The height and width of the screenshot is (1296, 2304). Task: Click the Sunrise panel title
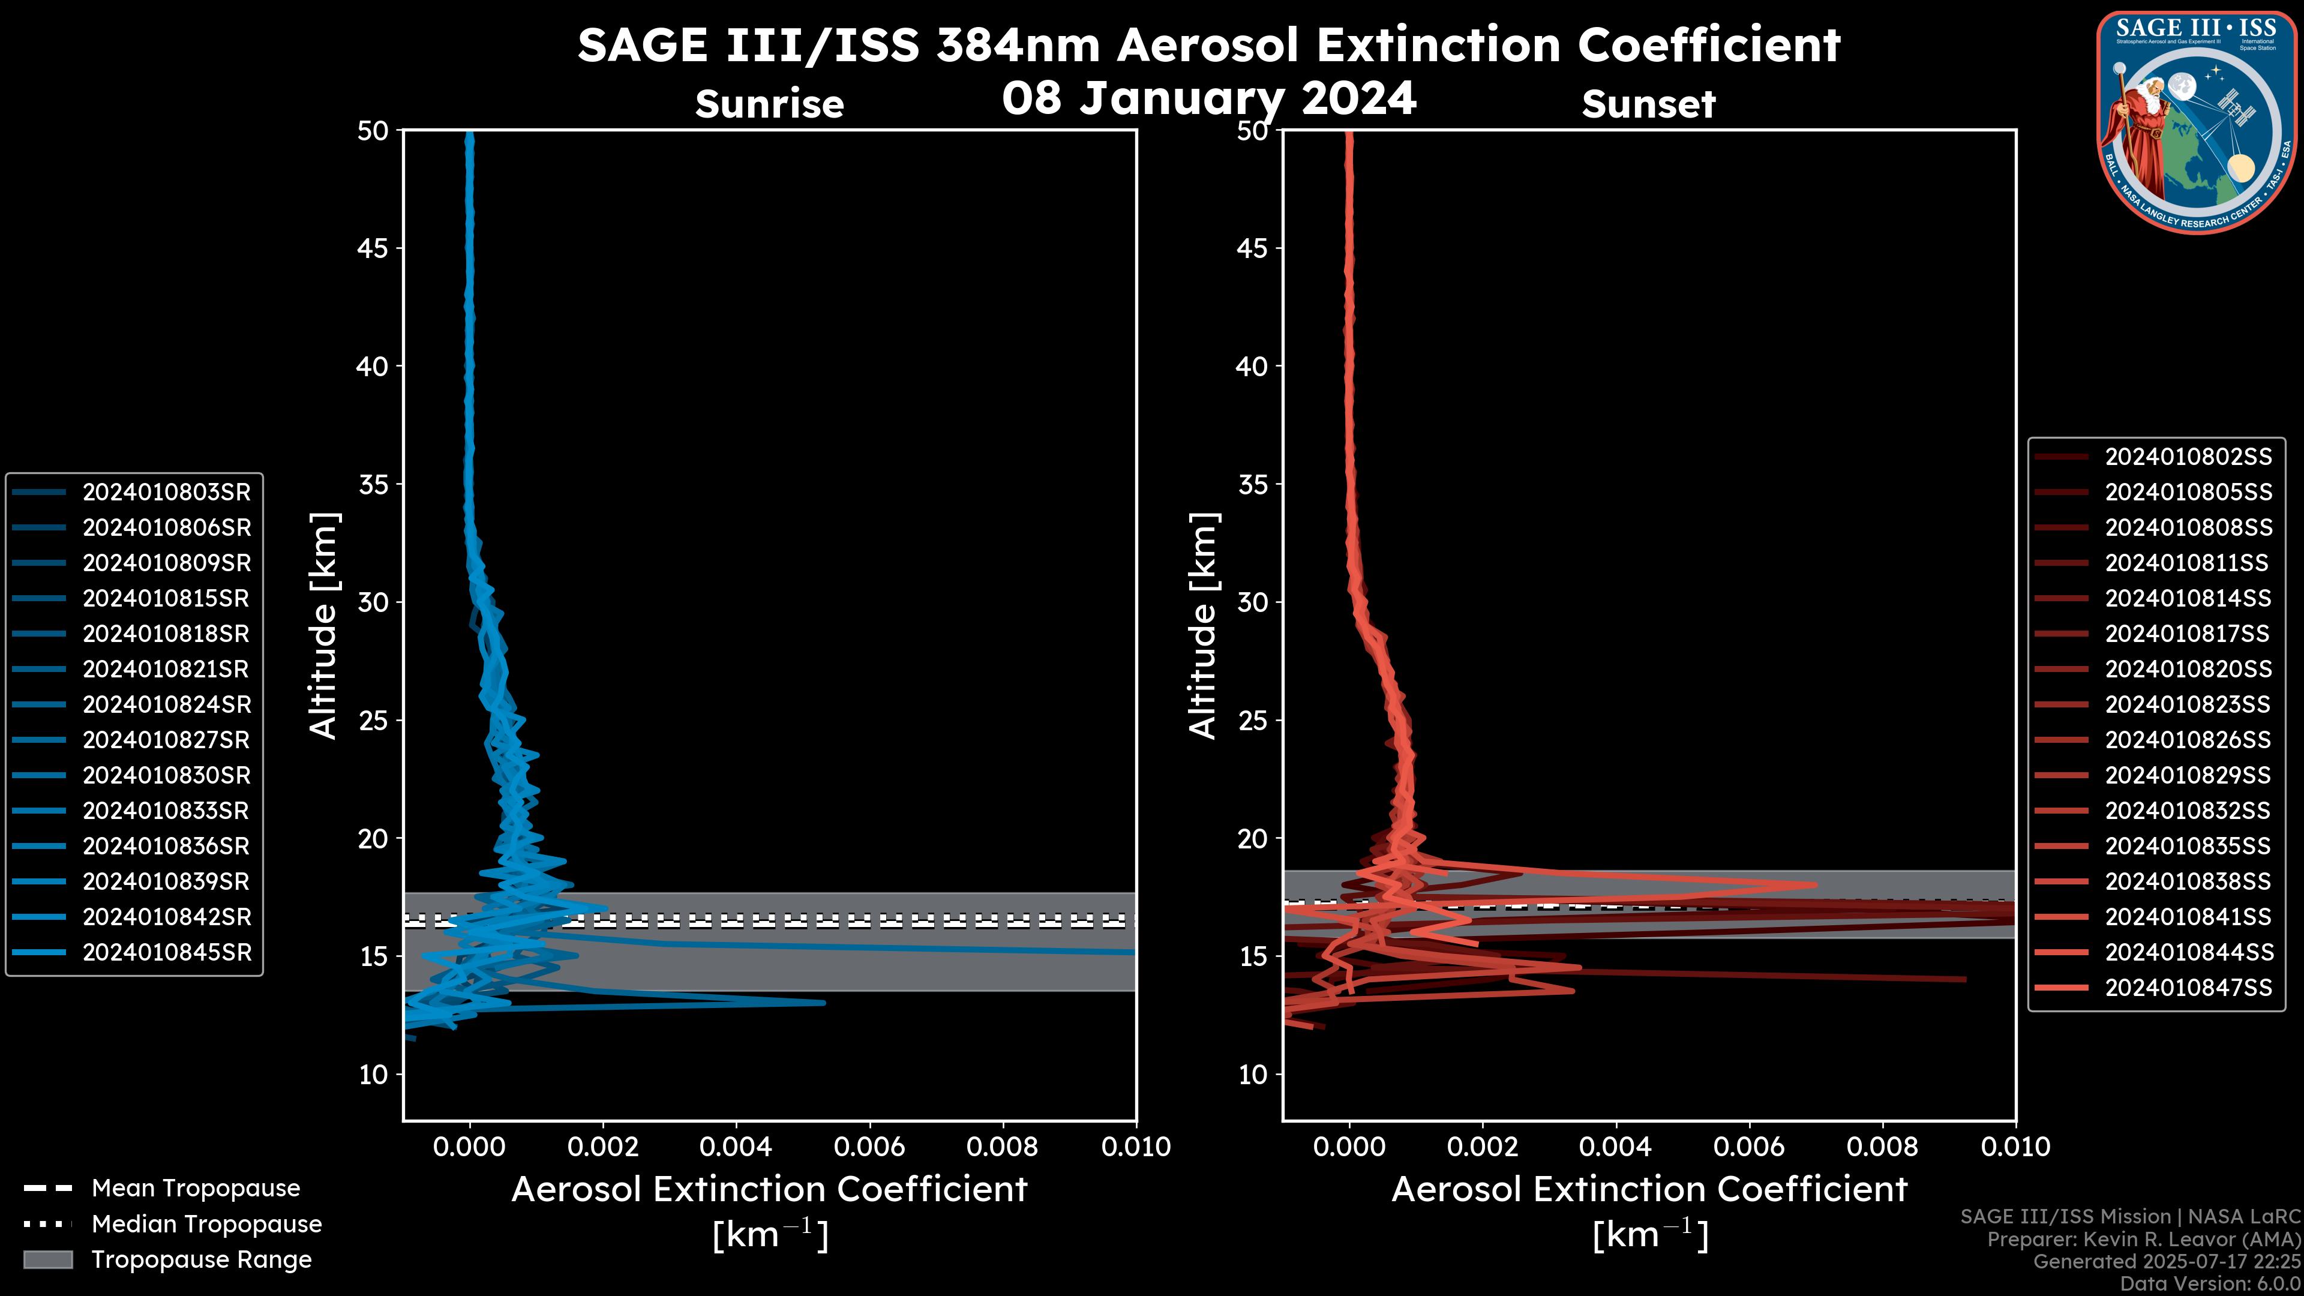(x=769, y=104)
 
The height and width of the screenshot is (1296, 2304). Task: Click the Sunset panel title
(x=1648, y=104)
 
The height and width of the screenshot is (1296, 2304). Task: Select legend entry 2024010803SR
(x=166, y=492)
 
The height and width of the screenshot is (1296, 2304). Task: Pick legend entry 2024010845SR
(x=166, y=953)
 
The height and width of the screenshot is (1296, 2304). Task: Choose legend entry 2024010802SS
(x=2188, y=457)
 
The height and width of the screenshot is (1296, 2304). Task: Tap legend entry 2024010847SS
(x=2188, y=988)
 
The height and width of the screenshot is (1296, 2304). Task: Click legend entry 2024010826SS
(x=2188, y=740)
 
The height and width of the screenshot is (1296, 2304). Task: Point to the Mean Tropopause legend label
(x=196, y=1188)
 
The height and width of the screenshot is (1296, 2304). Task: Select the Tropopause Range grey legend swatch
(x=47, y=1259)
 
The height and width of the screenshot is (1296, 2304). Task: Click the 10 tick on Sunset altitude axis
(x=1252, y=1074)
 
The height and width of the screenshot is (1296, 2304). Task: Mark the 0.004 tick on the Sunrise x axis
(x=736, y=1147)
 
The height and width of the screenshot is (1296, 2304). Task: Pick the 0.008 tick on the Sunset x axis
(x=1883, y=1147)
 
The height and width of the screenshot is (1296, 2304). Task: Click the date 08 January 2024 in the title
(x=1208, y=98)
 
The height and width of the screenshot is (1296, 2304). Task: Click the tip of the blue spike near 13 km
(x=824, y=1003)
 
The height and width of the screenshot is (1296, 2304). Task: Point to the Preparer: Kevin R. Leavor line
(x=2144, y=1239)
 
